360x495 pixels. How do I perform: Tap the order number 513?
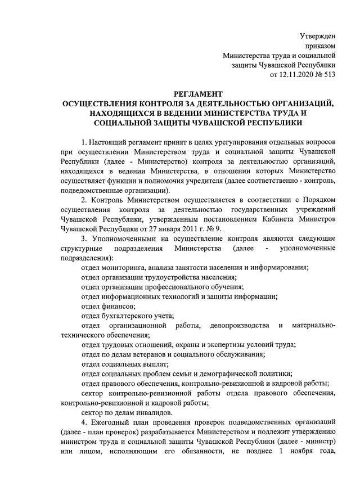[329, 74]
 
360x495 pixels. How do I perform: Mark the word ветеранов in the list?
[152, 355]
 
